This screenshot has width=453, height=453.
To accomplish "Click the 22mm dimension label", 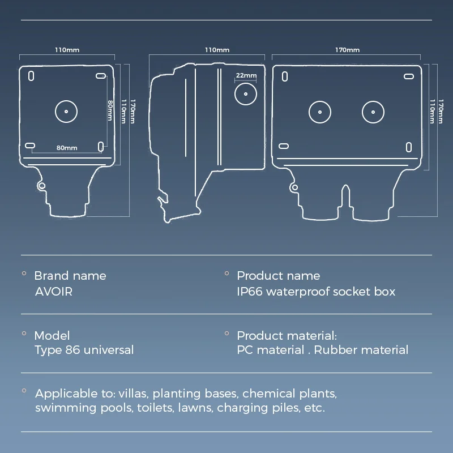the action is point(246,75).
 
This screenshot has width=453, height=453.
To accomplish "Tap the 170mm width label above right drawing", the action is point(347,50).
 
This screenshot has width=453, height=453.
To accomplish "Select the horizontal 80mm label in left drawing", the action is point(67,148).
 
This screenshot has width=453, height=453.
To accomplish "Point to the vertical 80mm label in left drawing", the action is point(110,110).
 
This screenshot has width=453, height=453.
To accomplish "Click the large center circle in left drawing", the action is point(66,111).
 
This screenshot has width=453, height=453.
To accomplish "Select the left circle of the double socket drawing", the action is point(320,112).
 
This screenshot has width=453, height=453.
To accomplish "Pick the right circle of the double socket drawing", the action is point(373,112).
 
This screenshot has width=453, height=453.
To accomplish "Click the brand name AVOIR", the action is point(53,292).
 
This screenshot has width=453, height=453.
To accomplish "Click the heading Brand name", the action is point(70,276).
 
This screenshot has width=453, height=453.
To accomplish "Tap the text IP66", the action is point(250,292).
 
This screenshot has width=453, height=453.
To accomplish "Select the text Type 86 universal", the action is point(84,350).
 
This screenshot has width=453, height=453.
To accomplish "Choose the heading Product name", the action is point(278,276).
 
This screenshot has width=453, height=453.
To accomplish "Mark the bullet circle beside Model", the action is point(24,333).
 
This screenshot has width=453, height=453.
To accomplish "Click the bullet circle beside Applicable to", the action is point(24,391).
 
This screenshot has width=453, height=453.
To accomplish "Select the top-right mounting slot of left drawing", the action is point(101,76).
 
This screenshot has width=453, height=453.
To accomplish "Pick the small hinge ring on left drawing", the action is point(41,186).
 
